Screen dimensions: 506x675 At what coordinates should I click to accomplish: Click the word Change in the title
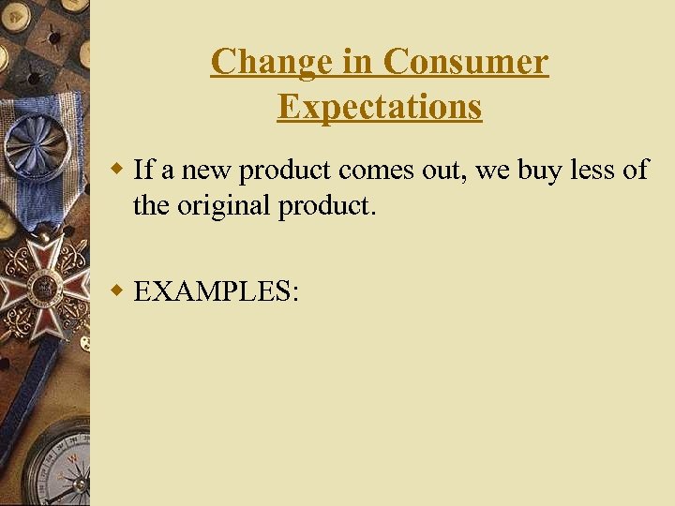pos(256,62)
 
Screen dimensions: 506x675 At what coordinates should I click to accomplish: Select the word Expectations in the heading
pos(380,107)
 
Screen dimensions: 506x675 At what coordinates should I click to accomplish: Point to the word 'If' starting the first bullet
pos(143,170)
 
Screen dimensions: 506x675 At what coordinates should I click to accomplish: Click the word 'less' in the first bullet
pos(589,170)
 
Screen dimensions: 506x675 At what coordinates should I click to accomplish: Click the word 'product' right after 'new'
pos(287,171)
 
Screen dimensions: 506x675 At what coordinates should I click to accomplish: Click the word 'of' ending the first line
pos(636,170)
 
